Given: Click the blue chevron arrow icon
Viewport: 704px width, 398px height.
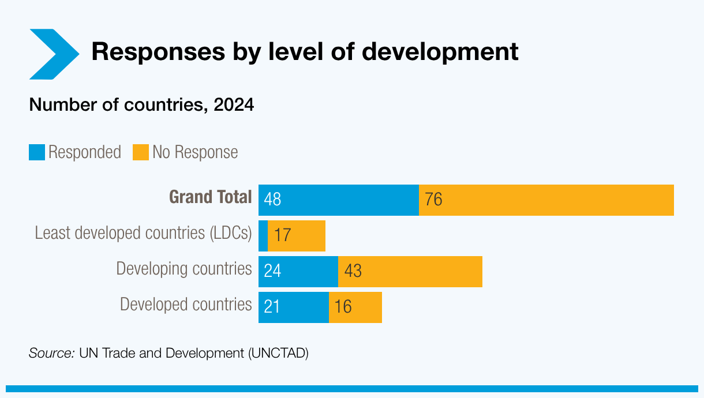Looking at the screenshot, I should (52, 54).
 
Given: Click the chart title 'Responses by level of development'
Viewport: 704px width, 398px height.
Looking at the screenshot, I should (305, 52).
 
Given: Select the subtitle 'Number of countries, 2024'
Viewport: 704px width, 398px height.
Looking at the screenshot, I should (141, 105).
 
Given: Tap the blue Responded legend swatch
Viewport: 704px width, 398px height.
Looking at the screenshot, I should (37, 152).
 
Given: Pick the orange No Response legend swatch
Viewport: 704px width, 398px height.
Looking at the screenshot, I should (140, 152).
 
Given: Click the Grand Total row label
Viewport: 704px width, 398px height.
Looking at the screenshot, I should (210, 197).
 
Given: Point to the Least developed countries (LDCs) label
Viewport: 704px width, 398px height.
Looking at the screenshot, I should (143, 233).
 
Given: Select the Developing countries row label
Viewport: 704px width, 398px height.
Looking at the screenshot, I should (184, 269).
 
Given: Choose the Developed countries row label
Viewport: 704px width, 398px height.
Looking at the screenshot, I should (186, 305).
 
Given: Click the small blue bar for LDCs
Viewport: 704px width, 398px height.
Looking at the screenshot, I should (263, 236).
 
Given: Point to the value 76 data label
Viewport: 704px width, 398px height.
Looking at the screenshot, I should (433, 200).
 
